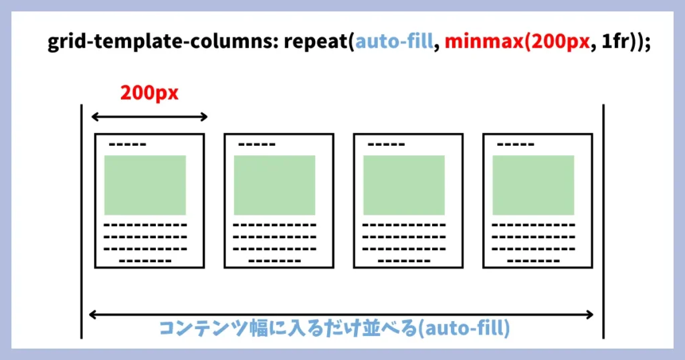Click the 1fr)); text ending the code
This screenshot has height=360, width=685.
(622, 43)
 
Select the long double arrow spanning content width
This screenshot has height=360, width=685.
(341, 314)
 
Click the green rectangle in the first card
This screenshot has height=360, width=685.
(145, 185)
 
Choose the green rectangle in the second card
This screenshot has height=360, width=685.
(274, 185)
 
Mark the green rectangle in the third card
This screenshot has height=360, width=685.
(404, 185)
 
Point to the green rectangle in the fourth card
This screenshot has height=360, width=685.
(533, 185)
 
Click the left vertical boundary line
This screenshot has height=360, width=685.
(82, 221)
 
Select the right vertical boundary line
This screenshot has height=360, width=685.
(603, 221)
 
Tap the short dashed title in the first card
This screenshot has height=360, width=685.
(127, 145)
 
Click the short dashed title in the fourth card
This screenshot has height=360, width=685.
(515, 145)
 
